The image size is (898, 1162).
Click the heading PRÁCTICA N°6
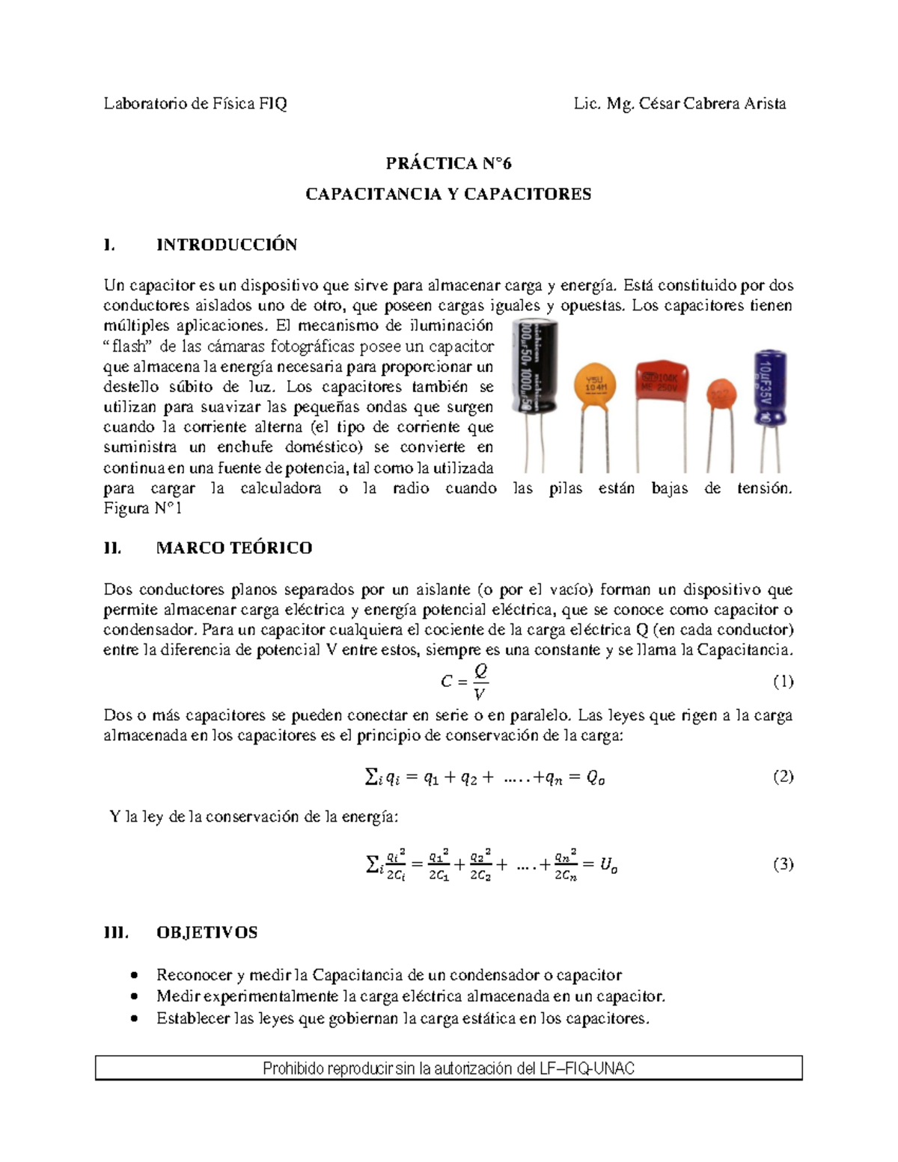pos(448,163)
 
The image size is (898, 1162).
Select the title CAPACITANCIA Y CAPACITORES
pos(448,194)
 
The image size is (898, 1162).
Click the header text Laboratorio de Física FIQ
pos(195,103)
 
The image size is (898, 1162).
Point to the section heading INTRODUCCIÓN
pos(226,245)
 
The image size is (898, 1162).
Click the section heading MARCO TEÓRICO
pos(233,548)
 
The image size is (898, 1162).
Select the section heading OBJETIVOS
pos(207,932)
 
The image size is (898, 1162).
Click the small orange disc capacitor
pos(719,394)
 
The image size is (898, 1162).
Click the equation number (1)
pos(783,681)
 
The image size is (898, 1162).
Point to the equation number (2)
pos(783,777)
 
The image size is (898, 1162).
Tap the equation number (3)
pos(783,864)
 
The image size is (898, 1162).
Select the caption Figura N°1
pos(143,508)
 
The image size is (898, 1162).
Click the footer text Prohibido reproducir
pos(448,1068)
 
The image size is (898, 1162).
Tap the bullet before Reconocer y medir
pos(133,975)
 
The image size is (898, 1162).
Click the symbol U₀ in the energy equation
pos(609,865)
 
